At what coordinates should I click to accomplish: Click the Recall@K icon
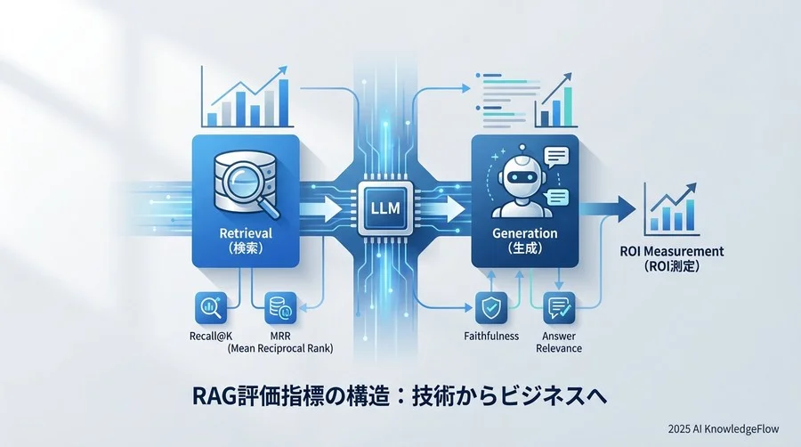point(211,308)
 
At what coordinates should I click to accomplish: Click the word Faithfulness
point(491,336)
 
